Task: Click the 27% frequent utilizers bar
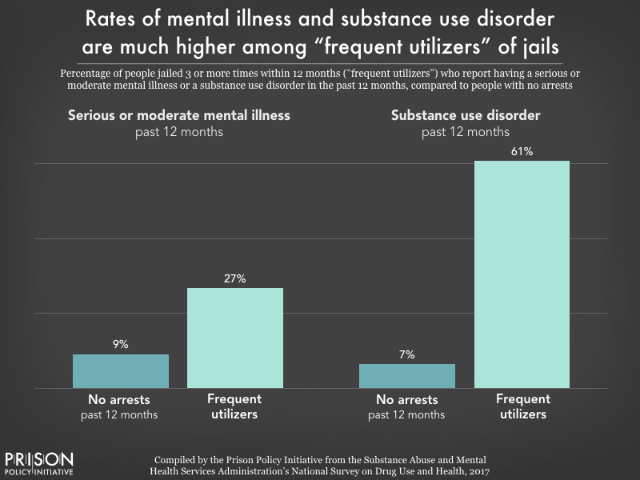[234, 338]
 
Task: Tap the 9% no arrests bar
[120, 371]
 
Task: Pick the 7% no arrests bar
[406, 376]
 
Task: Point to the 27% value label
[234, 277]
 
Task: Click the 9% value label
[120, 344]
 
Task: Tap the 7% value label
[406, 354]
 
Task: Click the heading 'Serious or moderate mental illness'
[178, 115]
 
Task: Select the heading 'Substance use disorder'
[466, 115]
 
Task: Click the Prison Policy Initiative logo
[39, 462]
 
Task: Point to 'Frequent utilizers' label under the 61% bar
[522, 406]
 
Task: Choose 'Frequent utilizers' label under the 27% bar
[234, 406]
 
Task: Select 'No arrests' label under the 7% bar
[406, 399]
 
